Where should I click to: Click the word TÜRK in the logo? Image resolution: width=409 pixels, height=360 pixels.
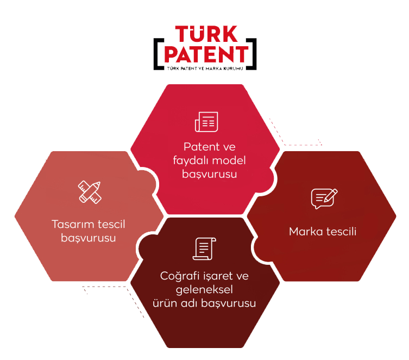206,34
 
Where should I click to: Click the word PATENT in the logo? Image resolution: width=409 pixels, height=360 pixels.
206,54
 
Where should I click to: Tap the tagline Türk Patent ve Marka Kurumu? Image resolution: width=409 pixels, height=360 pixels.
205,67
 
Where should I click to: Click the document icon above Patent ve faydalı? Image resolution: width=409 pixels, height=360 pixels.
206,121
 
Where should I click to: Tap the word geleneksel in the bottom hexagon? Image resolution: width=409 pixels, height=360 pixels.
204,289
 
